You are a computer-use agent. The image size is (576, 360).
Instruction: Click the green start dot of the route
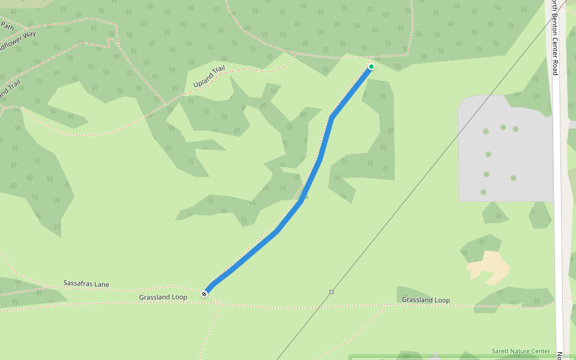371,67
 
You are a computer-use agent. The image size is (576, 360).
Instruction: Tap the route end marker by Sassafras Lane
205,294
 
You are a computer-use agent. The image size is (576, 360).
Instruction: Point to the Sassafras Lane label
86,283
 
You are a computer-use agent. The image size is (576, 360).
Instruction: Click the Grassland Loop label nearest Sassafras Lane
163,297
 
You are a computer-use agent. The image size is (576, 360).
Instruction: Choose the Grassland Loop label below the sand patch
425,300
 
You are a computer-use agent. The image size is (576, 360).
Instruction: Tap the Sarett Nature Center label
520,352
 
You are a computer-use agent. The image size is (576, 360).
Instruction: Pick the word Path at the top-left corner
7,26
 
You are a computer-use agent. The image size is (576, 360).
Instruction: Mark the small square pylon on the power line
331,292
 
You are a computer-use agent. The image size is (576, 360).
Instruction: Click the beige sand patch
489,267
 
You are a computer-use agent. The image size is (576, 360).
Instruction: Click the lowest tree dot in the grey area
483,192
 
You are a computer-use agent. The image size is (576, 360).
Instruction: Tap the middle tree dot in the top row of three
503,127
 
